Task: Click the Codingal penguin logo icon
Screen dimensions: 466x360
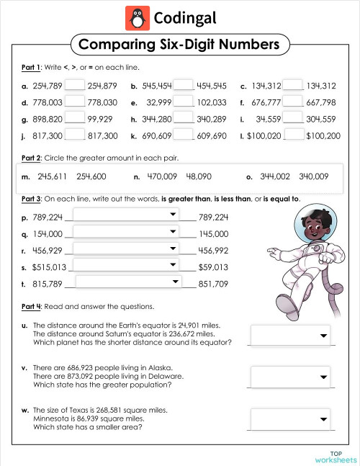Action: point(135,17)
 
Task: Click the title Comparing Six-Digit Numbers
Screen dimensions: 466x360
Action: point(179,45)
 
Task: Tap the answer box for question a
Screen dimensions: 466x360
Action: point(74,85)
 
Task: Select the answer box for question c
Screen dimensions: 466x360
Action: point(292,85)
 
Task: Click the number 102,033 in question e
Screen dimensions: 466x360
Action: point(211,102)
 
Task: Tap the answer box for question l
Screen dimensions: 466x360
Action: point(294,135)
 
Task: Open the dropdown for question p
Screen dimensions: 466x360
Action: point(126,215)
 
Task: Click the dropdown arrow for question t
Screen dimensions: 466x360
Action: point(173,282)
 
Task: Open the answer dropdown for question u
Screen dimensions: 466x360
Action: point(290,335)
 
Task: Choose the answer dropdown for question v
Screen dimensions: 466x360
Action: point(290,377)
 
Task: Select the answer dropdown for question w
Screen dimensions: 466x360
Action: point(290,418)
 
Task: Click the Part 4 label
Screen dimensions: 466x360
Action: point(31,306)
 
